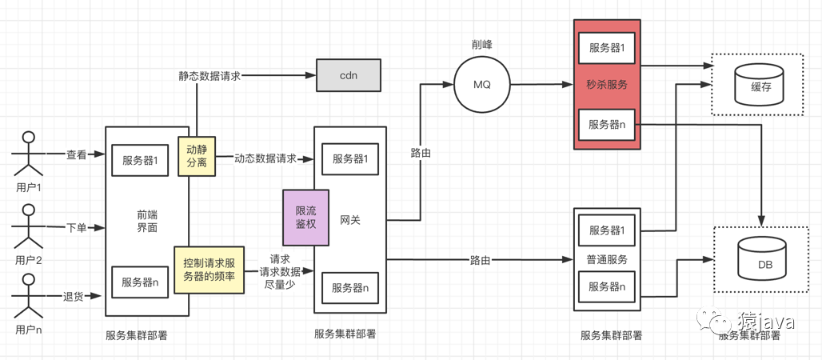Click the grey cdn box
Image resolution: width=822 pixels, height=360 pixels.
[349, 75]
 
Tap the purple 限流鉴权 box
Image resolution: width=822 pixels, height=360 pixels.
[306, 218]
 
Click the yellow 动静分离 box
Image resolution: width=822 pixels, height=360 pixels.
[197, 156]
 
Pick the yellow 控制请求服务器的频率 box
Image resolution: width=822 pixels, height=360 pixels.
[209, 270]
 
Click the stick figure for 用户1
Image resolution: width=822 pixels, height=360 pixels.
[29, 154]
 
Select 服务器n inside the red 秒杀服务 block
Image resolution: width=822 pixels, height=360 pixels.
[607, 124]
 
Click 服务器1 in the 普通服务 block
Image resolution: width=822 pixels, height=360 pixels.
[608, 230]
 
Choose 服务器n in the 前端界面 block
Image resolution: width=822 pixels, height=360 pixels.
[140, 282]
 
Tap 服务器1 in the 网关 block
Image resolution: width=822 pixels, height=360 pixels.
[350, 158]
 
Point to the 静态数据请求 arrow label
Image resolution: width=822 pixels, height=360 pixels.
[209, 76]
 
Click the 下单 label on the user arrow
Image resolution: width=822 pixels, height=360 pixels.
[76, 228]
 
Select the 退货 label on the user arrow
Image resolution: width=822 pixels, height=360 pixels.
[73, 297]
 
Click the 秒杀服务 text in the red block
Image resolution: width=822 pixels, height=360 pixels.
[607, 85]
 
